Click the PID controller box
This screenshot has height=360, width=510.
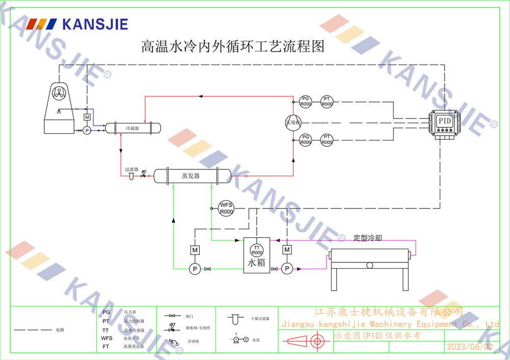coord(443,122)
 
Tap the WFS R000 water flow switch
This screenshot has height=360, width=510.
coord(226,208)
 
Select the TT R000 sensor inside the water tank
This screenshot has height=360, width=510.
coord(257,250)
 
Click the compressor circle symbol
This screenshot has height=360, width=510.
coord(293,122)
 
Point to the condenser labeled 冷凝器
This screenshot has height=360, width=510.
coord(133,127)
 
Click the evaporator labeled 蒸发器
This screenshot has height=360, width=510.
coord(191,176)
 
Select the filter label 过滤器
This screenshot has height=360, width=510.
coord(131,169)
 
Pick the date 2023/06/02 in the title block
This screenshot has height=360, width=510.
coord(470,347)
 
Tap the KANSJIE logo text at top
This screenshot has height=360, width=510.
coord(94,24)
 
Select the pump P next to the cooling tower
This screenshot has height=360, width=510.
coord(87,131)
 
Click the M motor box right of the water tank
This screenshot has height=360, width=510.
coord(287,249)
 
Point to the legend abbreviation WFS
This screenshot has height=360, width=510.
coord(107,338)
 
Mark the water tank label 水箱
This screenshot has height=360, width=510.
coord(256,263)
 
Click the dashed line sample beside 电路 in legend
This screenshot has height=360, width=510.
coord(33,330)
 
